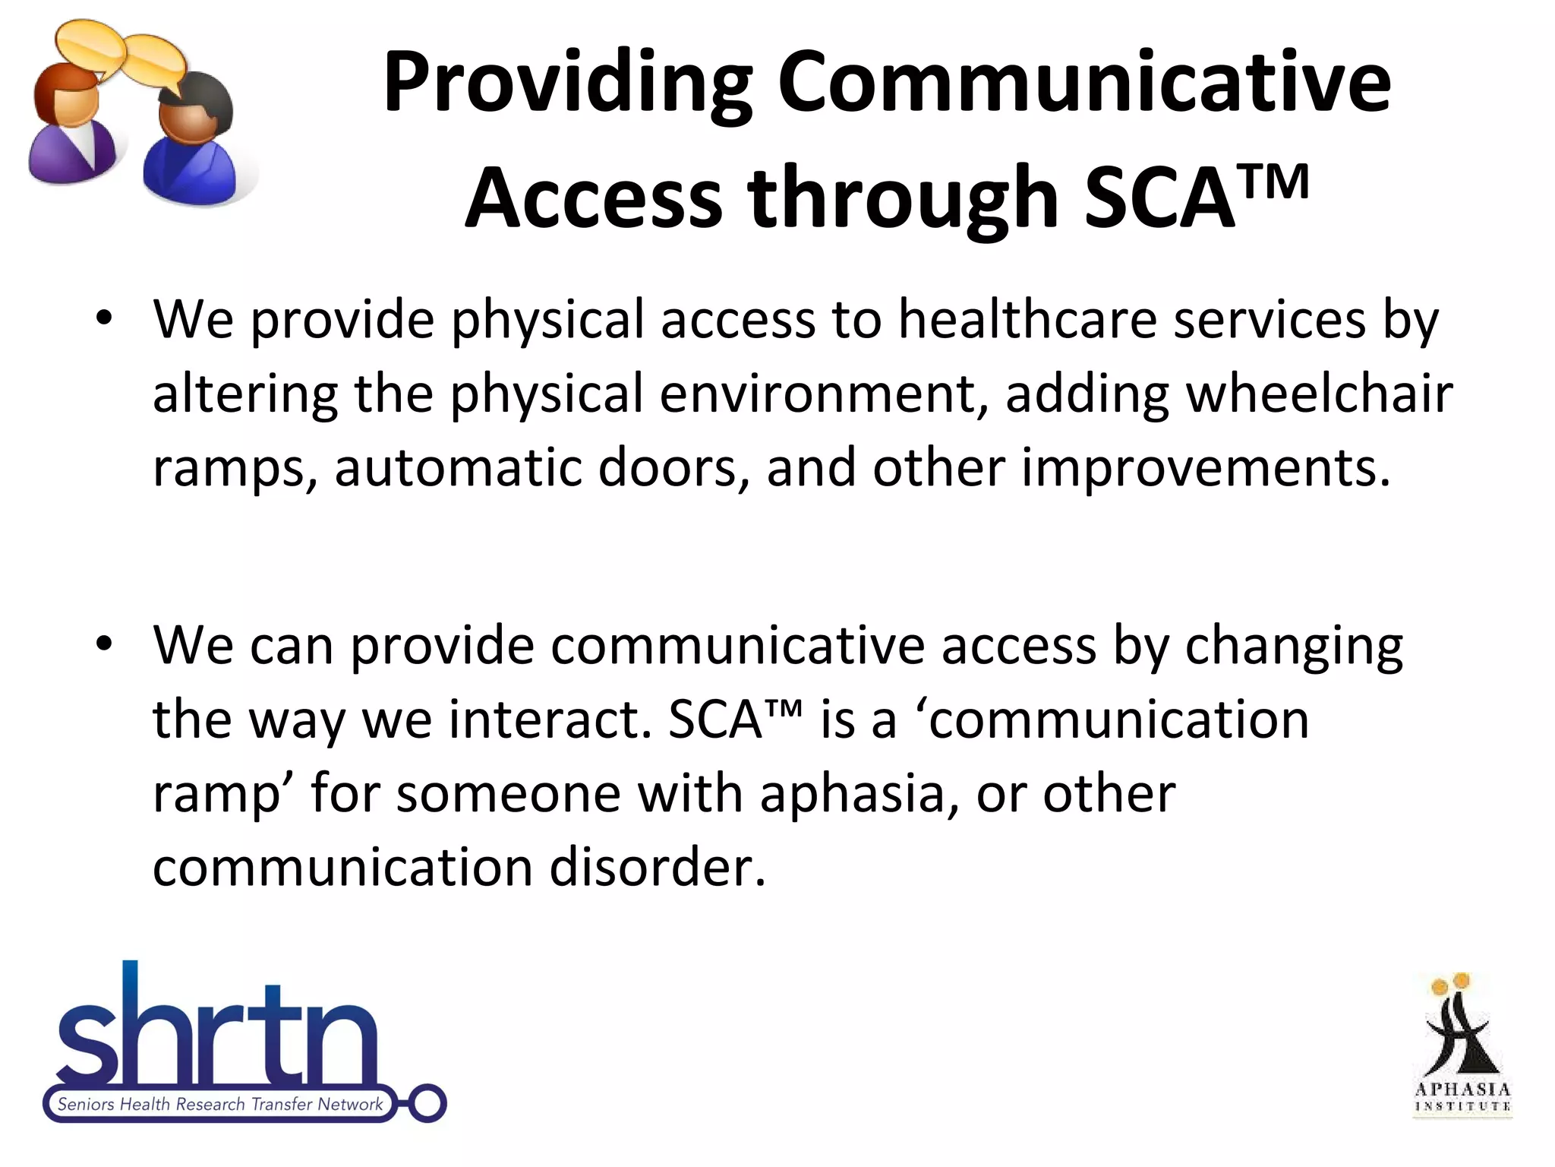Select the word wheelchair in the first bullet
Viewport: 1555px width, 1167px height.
click(1319, 394)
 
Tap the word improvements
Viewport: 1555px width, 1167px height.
click(1206, 467)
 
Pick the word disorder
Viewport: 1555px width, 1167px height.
click(658, 868)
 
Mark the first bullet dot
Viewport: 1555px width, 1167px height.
click(104, 317)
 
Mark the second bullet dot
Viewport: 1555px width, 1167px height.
click(104, 644)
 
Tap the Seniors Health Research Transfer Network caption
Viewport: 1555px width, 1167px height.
click(220, 1104)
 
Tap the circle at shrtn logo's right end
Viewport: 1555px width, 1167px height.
click(427, 1103)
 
